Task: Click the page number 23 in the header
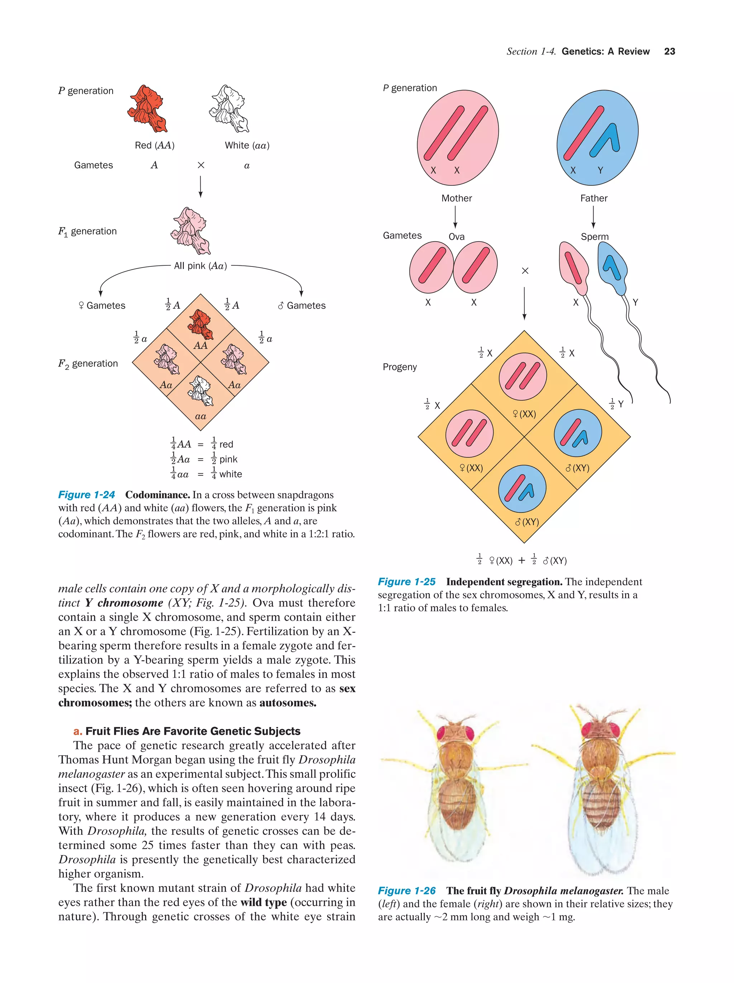[x=669, y=52]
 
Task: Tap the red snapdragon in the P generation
[x=147, y=109]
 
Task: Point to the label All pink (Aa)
[x=200, y=266]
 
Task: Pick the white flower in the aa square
[x=201, y=391]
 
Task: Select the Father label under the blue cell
[x=594, y=198]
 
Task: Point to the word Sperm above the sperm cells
[x=595, y=237]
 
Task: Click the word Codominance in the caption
[x=157, y=495]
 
